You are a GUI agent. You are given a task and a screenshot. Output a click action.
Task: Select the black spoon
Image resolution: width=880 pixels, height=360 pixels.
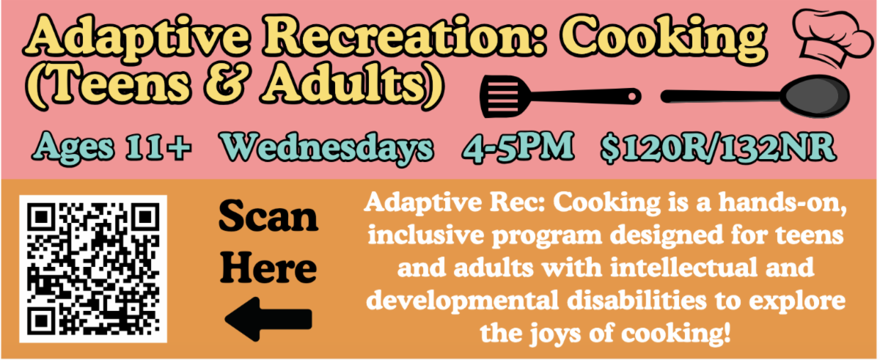pyautogui.click(x=755, y=96)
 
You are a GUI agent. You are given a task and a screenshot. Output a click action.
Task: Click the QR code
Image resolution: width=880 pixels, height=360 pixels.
pyautogui.click(x=93, y=269)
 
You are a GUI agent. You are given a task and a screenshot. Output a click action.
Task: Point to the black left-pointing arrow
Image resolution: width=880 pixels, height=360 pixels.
pyautogui.click(x=268, y=319)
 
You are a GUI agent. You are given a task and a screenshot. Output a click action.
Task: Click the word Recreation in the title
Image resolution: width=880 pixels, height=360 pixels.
pyautogui.click(x=404, y=38)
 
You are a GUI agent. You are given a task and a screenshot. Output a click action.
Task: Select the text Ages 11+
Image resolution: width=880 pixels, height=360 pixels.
pyautogui.click(x=111, y=148)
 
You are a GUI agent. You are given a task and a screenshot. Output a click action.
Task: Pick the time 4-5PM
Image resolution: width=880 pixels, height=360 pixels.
pyautogui.click(x=518, y=147)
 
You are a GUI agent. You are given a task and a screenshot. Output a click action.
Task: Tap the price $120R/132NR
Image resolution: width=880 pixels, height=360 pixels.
pyautogui.click(x=718, y=148)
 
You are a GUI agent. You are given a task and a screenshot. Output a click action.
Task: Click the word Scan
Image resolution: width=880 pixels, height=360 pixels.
pyautogui.click(x=268, y=216)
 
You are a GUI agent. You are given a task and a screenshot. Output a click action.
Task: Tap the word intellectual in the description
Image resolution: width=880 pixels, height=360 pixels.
pyautogui.click(x=683, y=268)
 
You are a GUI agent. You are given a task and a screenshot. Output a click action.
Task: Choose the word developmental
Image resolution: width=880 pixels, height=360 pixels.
pyautogui.click(x=463, y=301)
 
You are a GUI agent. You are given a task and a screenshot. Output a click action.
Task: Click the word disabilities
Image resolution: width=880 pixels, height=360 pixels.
pyautogui.click(x=637, y=300)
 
